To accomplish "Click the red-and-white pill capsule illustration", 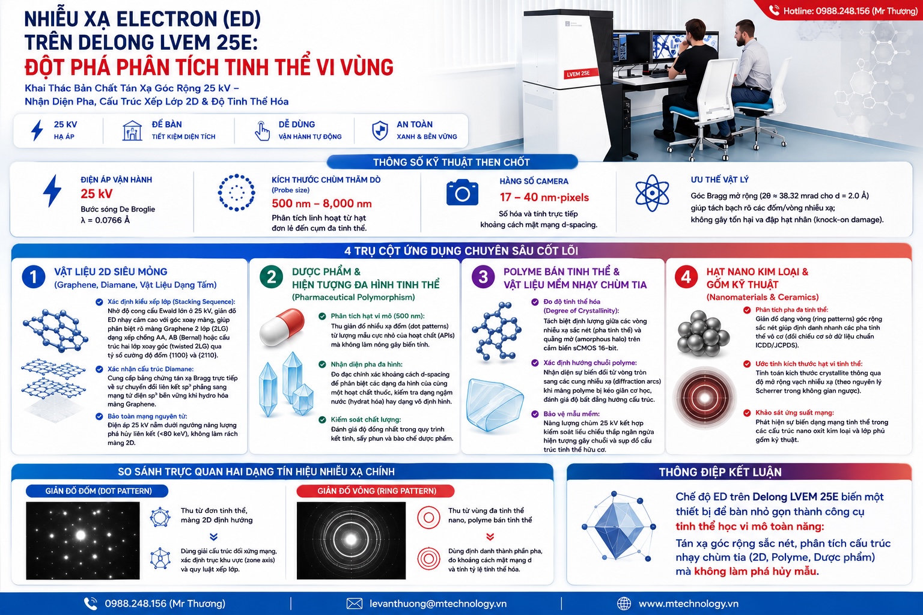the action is (x=282, y=327).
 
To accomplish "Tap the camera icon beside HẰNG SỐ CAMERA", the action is (x=462, y=192).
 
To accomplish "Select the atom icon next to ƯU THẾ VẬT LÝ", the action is (x=652, y=193).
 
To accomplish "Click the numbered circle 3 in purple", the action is (x=483, y=276).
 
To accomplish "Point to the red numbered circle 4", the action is (x=686, y=276).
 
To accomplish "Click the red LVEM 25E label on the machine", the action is (x=578, y=74).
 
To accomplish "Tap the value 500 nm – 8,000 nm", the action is (x=321, y=204).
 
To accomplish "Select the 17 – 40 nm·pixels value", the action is (x=544, y=198).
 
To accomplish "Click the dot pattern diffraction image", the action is (x=83, y=541).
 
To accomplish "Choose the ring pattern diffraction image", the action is (x=351, y=541).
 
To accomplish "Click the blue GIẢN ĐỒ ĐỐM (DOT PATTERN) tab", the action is (x=97, y=491).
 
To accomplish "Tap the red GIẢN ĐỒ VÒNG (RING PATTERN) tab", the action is (x=376, y=491).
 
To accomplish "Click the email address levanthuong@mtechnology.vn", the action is (x=438, y=604).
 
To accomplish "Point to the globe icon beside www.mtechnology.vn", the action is (x=624, y=604).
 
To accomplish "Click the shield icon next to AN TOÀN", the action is (x=380, y=130).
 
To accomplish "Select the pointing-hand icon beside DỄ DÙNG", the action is (x=262, y=131).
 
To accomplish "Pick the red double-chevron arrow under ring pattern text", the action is (x=490, y=537).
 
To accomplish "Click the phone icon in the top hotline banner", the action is (x=774, y=11).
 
